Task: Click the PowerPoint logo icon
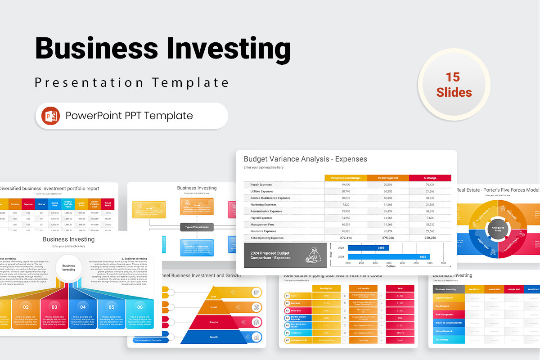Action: [x=51, y=116]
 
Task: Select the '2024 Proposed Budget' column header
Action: [x=345, y=178]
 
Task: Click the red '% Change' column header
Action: [x=430, y=178]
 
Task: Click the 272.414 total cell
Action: [x=346, y=238]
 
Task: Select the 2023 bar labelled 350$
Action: [x=368, y=248]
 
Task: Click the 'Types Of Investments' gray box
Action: [x=197, y=227]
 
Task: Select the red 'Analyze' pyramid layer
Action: [x=214, y=322]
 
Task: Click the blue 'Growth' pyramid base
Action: [x=214, y=337]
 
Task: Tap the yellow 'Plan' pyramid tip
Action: [x=214, y=297]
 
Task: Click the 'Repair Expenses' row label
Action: [x=261, y=185]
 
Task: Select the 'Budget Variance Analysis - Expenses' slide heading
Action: [x=305, y=159]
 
